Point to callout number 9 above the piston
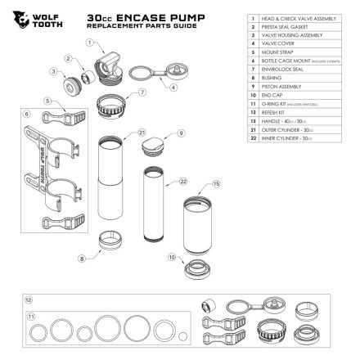coord(169,132)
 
